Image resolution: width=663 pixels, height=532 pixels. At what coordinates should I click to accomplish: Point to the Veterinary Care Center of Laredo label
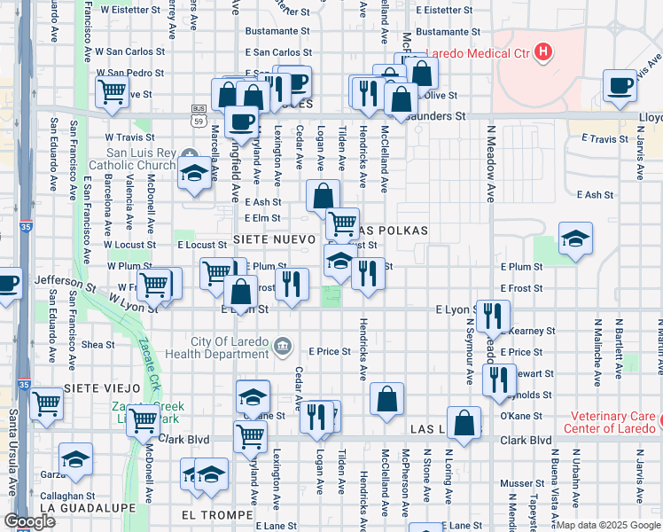pos(604,422)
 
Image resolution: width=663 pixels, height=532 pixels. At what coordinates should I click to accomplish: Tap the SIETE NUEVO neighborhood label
pos(274,239)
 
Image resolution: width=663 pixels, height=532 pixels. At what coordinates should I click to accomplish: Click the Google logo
pos(30,521)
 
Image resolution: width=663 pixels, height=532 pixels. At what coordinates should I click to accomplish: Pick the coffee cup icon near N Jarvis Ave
pos(620,86)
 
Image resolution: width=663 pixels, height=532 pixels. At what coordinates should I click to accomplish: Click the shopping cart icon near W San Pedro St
pos(113,90)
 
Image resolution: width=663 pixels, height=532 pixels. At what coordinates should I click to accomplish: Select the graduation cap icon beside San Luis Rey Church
pos(194,173)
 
